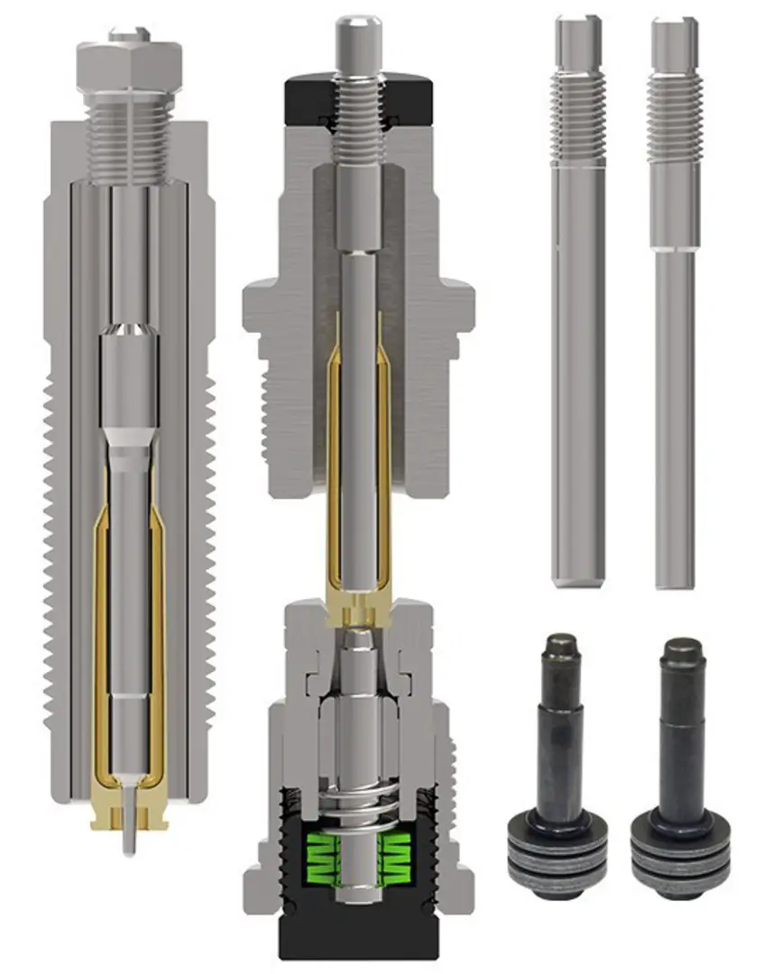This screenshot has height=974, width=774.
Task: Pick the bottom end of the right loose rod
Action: pyautogui.click(x=675, y=577)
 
